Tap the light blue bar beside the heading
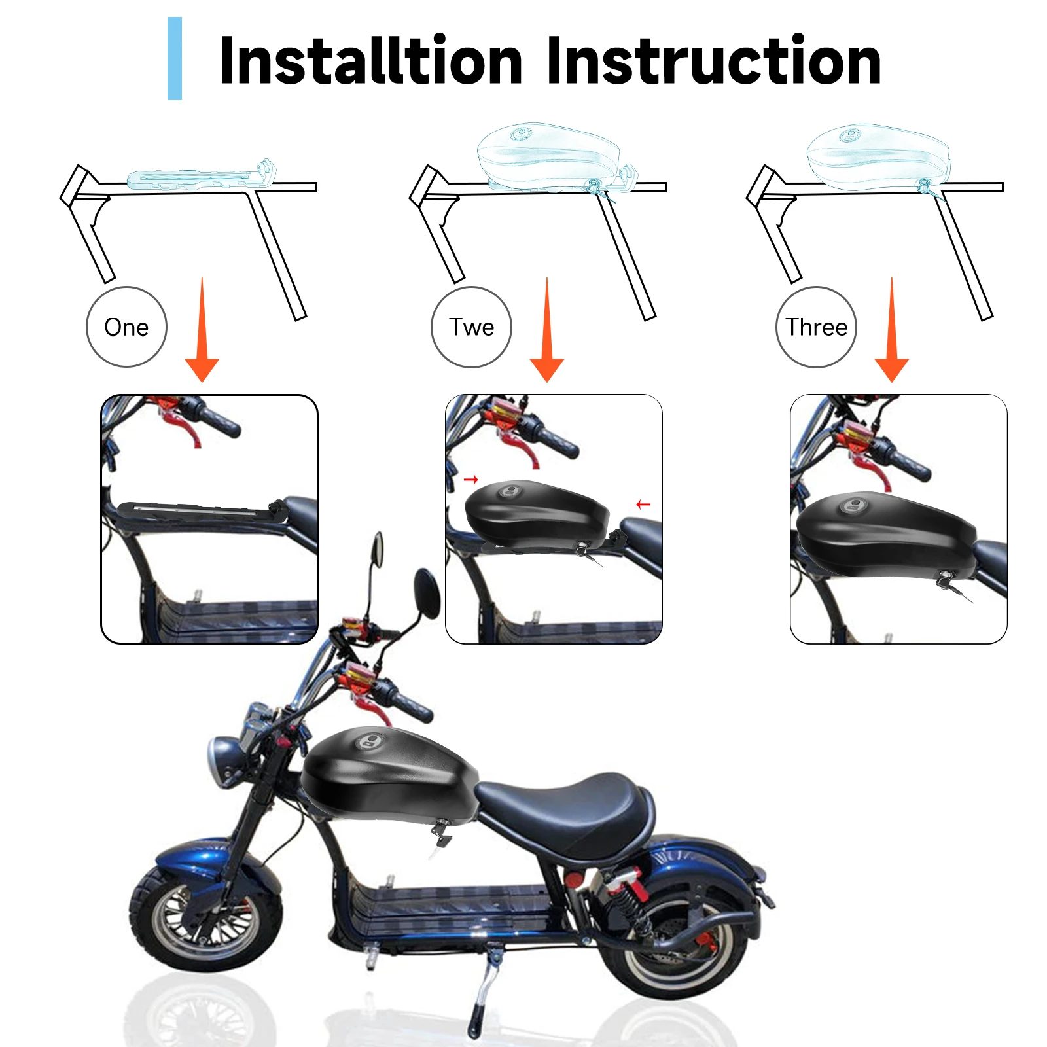tap(175, 59)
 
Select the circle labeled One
tap(126, 327)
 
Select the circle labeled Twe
tap(471, 327)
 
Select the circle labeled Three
tap(816, 327)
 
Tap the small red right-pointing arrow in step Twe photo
tap(471, 480)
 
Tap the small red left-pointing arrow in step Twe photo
tap(643, 504)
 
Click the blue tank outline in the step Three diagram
tap(877, 157)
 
